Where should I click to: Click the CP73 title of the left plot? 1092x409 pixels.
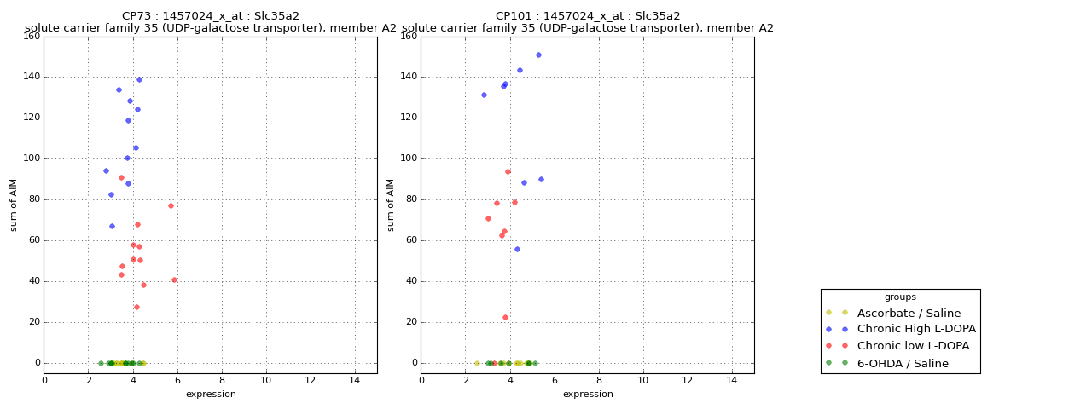tap(211, 16)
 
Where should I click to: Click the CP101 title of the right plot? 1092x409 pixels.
tap(588, 16)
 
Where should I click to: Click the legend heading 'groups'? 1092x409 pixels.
tap(900, 297)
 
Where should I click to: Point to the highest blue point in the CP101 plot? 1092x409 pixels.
tap(538, 55)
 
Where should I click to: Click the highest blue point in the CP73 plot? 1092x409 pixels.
tap(139, 79)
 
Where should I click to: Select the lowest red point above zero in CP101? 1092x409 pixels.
tap(505, 317)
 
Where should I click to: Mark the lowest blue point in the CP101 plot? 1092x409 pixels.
tap(517, 249)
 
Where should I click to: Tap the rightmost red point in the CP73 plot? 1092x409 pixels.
tap(174, 279)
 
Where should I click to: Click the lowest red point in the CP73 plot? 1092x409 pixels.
tap(136, 307)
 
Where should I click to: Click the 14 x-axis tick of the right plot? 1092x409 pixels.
tap(731, 380)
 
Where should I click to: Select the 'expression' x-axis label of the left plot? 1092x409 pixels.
tap(211, 394)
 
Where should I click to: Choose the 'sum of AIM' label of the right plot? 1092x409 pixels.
tap(391, 204)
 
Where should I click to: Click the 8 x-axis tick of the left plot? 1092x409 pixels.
tap(222, 380)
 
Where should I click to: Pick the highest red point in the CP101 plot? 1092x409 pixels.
tap(508, 171)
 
